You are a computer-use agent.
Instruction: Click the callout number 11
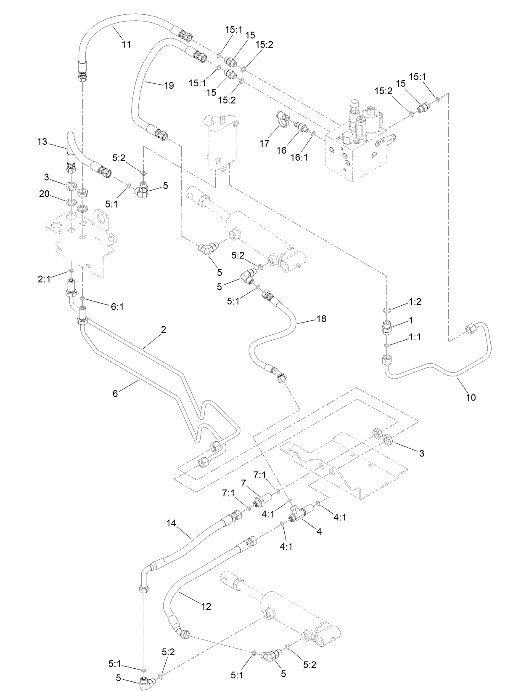click(x=126, y=44)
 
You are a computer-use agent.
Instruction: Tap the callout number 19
click(x=169, y=85)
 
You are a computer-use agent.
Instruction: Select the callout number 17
click(x=264, y=144)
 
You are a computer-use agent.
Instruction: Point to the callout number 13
click(x=42, y=142)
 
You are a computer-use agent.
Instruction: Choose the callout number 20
click(x=44, y=194)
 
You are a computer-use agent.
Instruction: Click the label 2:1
click(x=44, y=279)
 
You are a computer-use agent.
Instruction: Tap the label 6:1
click(x=117, y=307)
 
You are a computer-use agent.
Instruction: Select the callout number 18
click(x=321, y=319)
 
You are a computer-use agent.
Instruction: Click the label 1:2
click(x=415, y=301)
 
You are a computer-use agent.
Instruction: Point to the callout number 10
click(x=471, y=397)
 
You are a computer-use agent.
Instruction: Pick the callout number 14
click(x=171, y=523)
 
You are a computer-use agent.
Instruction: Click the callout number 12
click(x=206, y=606)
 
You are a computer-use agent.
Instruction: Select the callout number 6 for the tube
click(x=115, y=393)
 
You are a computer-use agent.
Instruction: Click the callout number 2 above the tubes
click(x=164, y=329)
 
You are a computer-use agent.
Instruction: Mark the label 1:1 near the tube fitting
click(x=415, y=337)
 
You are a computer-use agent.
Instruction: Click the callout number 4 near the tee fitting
click(x=319, y=532)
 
